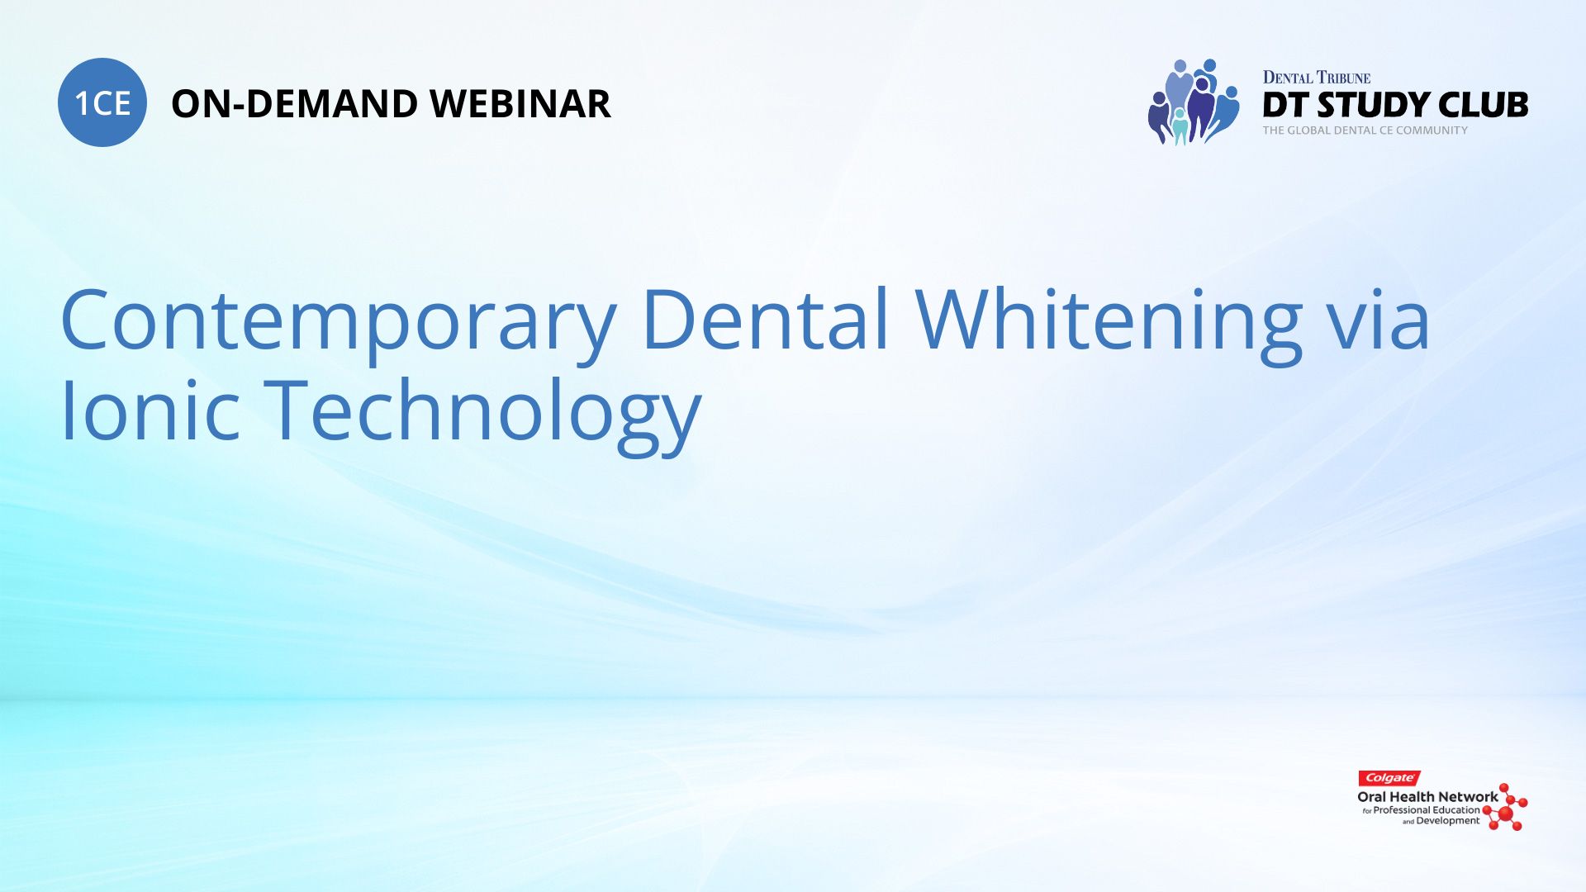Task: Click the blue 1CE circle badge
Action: click(102, 102)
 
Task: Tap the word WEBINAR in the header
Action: click(520, 104)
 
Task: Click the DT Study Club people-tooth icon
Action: click(1194, 102)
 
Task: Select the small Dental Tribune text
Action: click(1317, 78)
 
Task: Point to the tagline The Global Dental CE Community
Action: click(1365, 130)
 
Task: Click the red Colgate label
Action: click(1389, 778)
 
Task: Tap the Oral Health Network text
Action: click(1427, 797)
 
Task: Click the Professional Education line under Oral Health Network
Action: click(1422, 810)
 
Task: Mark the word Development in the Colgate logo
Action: click(1448, 821)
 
